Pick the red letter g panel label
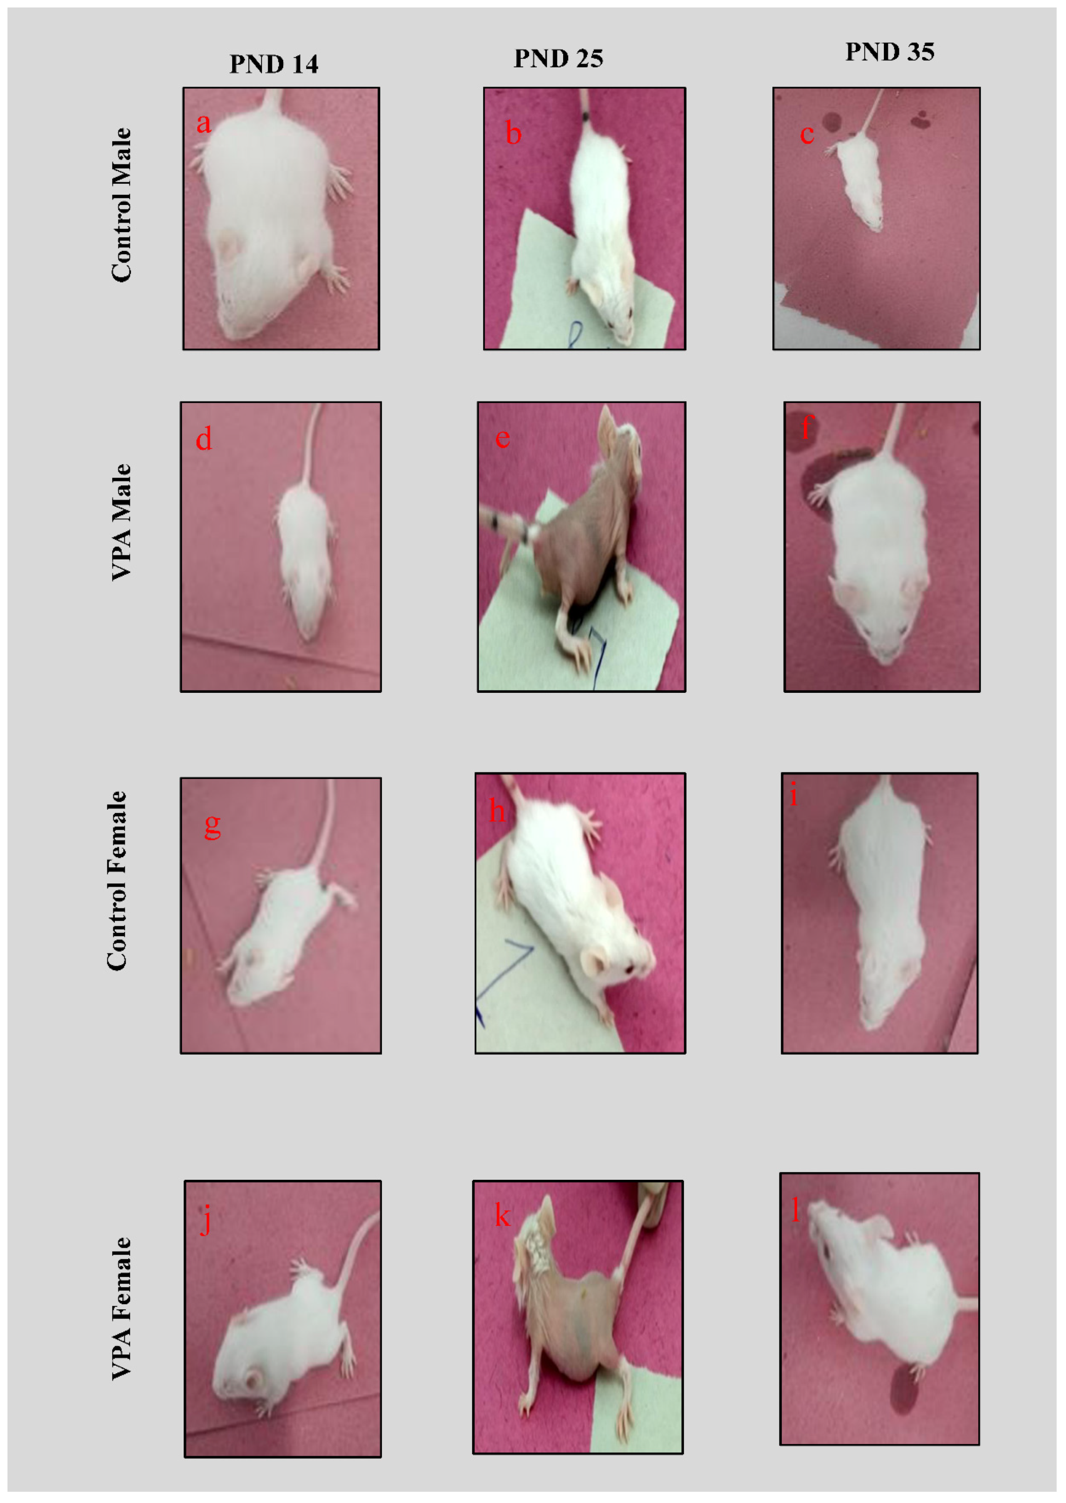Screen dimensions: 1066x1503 [x=212, y=826]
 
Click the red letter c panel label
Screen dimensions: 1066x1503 [x=807, y=135]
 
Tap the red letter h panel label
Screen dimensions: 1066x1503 [x=497, y=811]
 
